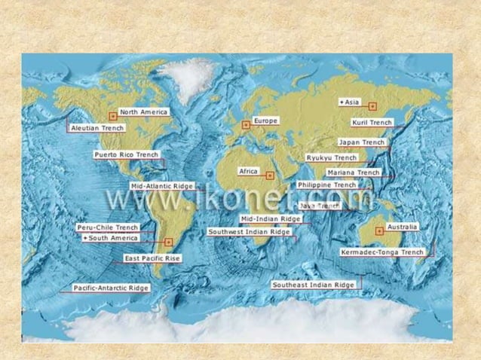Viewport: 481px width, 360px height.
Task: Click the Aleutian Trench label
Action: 97,128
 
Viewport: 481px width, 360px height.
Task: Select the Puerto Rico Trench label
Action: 126,154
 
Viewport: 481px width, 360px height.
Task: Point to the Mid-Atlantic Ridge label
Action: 162,185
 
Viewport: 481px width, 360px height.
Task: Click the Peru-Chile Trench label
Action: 108,227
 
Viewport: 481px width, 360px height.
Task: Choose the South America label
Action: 111,238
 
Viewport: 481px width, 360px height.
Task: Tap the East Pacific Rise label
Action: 152,258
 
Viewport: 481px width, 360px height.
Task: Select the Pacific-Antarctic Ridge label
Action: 111,288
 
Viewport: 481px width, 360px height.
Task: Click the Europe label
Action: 265,121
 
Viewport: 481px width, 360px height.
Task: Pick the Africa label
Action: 249,172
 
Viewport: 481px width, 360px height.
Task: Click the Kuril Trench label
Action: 372,122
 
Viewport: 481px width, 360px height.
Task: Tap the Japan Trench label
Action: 362,142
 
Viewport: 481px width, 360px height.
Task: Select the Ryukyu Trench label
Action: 332,158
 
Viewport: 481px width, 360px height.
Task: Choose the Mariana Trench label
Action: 358,172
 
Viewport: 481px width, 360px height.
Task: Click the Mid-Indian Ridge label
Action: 271,219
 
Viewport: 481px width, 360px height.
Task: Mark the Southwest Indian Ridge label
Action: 249,232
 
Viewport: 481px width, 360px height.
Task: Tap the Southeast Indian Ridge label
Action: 313,285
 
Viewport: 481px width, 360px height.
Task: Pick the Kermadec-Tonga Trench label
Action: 382,252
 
